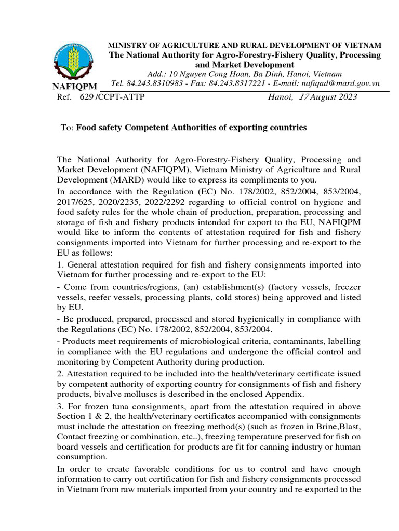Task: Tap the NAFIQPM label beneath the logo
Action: [75, 87]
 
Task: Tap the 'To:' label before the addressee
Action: [68, 127]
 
